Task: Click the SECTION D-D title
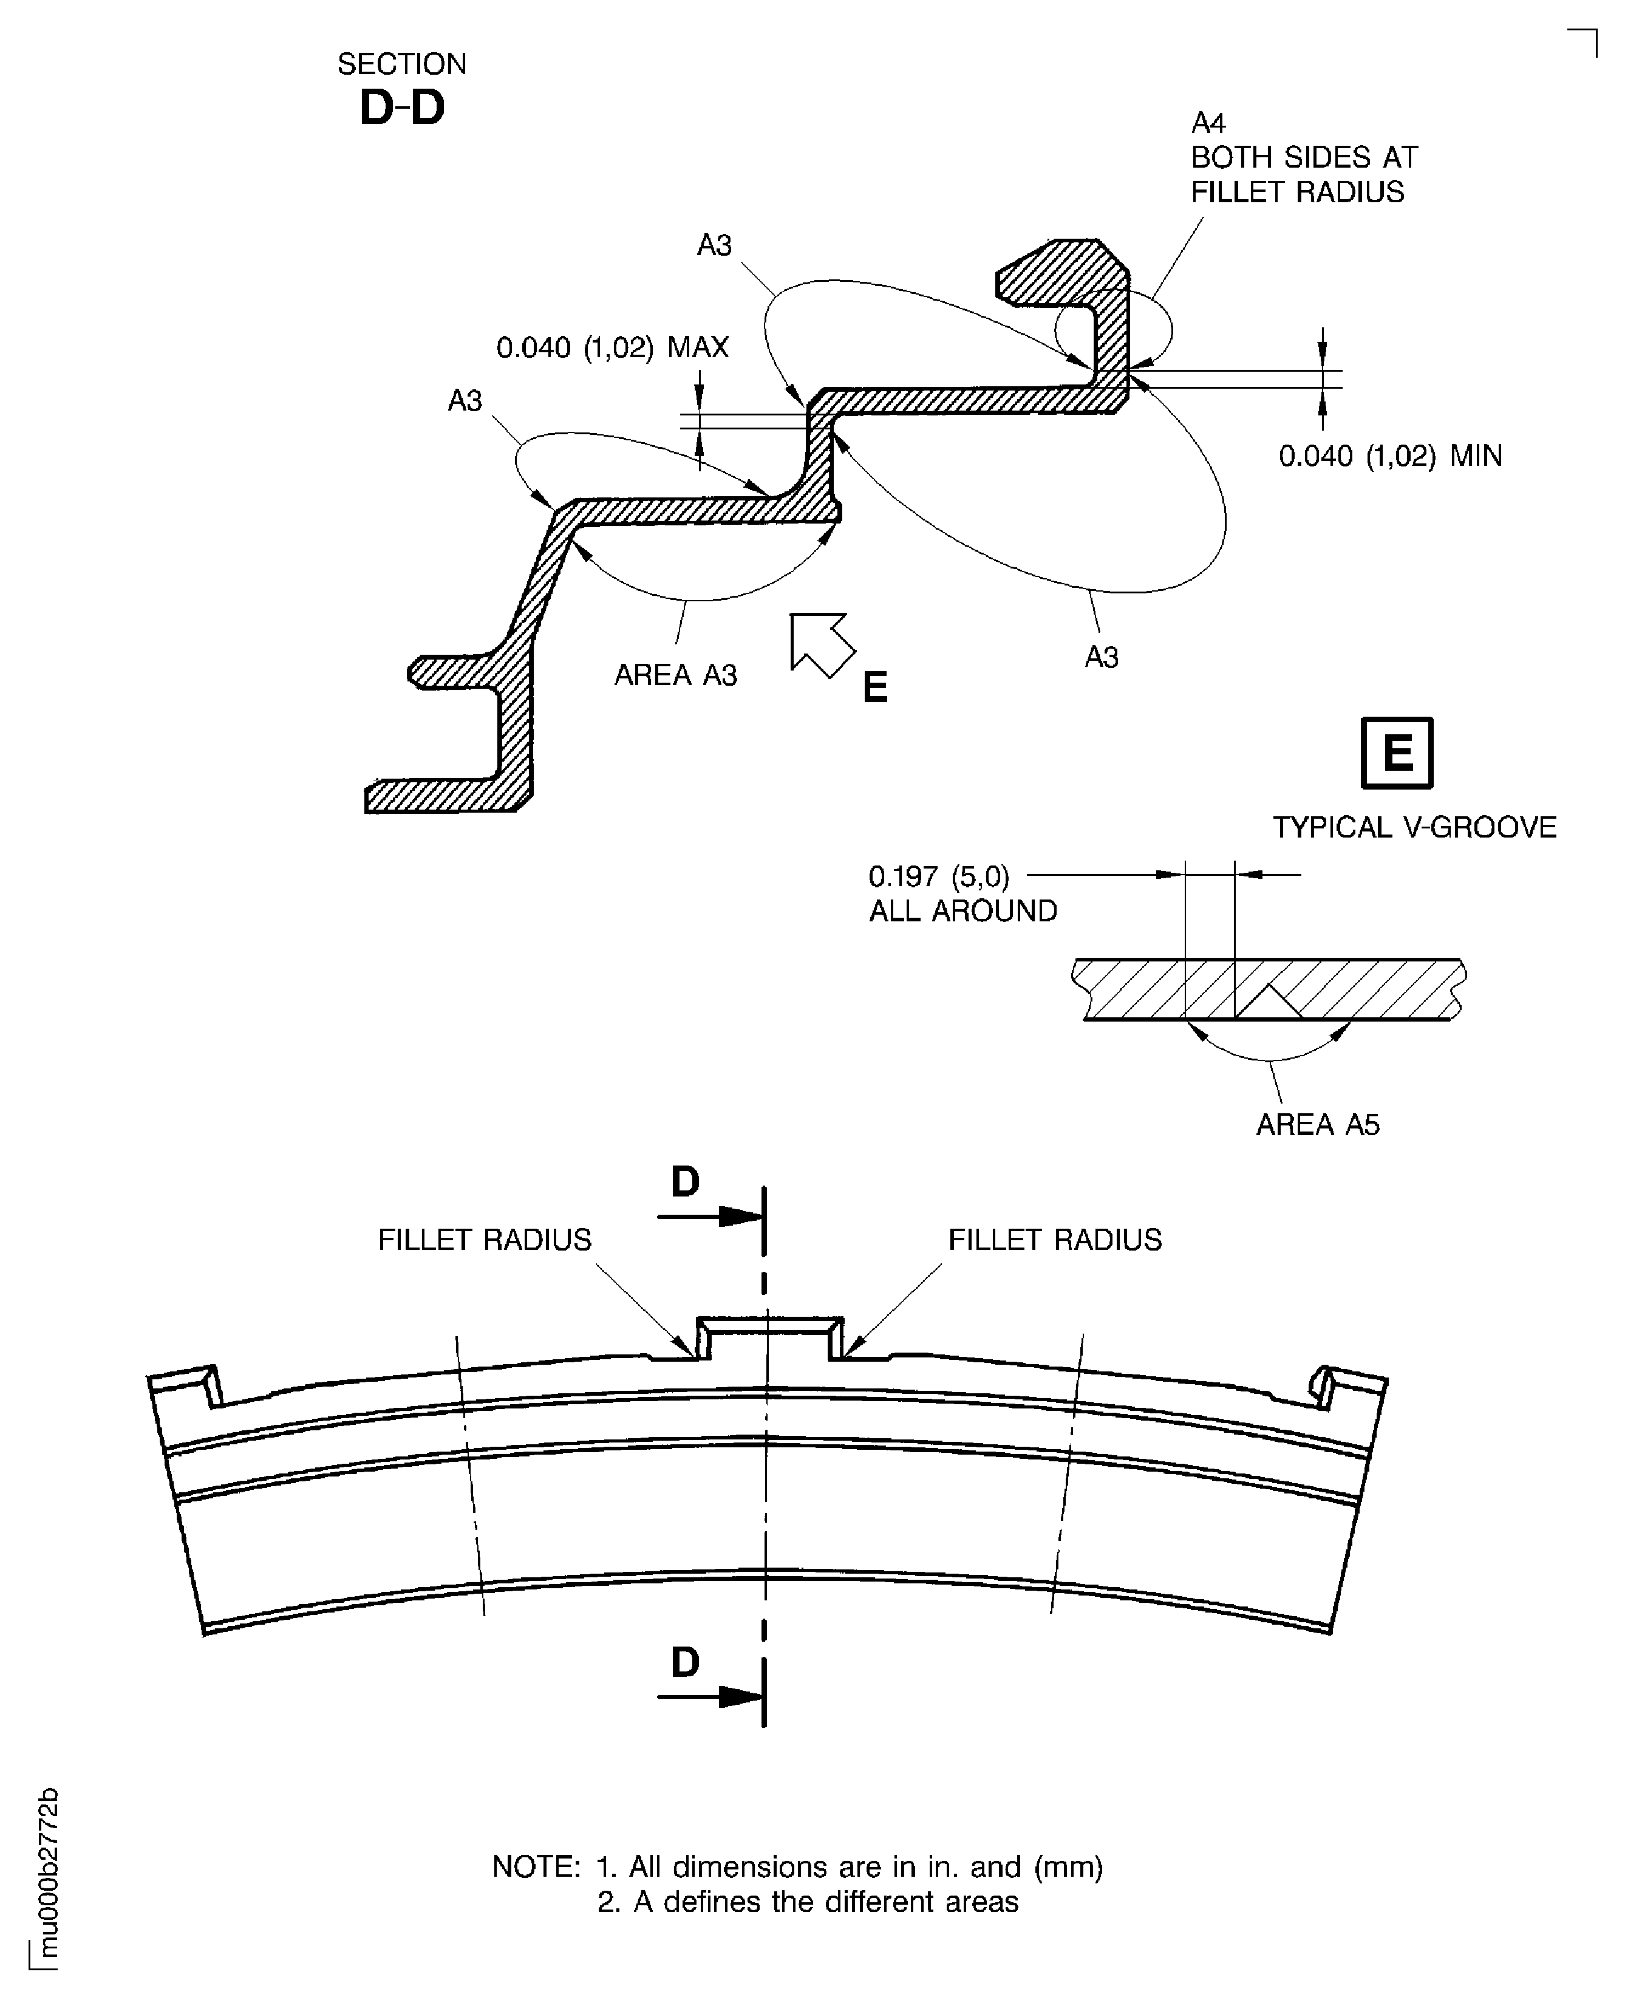401,88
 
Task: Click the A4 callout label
1208,123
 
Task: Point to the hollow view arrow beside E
822,644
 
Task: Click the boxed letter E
1397,753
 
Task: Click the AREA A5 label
1318,1124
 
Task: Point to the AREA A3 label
676,675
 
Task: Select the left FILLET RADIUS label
485,1240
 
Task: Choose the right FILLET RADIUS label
1055,1240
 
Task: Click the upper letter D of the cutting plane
685,1183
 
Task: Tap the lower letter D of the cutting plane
685,1663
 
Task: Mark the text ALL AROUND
963,911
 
